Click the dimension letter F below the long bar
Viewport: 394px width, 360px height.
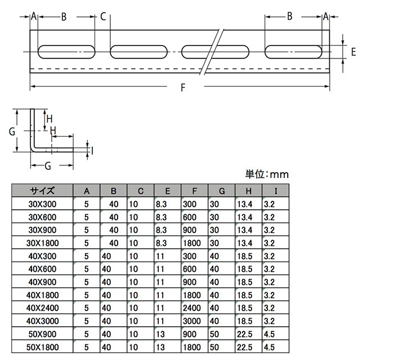[182, 87]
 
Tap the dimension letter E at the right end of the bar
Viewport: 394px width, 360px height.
[353, 52]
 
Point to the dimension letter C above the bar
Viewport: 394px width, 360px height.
[103, 17]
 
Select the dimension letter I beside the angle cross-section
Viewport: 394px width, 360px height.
[92, 150]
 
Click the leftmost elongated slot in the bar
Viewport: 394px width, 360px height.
[66, 52]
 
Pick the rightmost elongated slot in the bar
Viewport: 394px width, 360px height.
[294, 52]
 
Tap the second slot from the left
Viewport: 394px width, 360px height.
[138, 52]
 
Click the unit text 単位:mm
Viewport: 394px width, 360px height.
[267, 174]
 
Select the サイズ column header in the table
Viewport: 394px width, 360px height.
[43, 190]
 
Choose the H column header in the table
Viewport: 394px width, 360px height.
[249, 190]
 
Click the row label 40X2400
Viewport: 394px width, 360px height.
[43, 308]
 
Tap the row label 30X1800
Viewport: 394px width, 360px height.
[43, 242]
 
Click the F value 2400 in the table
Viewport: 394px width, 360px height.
[192, 308]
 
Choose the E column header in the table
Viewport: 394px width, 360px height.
[168, 190]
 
